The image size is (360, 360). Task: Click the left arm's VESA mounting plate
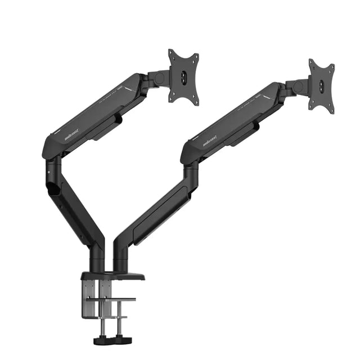click(183, 77)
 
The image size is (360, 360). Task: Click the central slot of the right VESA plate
click(322, 85)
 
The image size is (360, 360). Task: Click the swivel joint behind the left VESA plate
click(158, 78)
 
